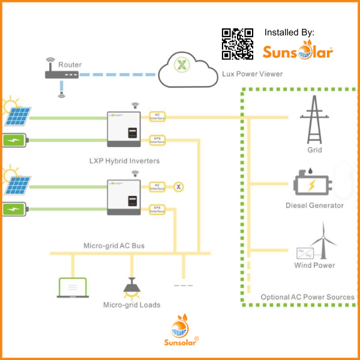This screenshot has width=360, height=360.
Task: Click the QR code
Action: click(x=238, y=44)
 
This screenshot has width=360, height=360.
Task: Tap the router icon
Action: click(x=62, y=74)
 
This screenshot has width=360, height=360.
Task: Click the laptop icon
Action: click(x=73, y=288)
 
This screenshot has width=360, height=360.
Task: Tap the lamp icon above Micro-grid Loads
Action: click(x=131, y=287)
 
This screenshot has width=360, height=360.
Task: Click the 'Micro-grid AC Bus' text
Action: click(x=114, y=246)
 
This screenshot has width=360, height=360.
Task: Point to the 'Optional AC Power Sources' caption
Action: click(x=307, y=297)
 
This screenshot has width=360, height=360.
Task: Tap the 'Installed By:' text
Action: click(x=289, y=32)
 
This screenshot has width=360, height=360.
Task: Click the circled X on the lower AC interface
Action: click(x=178, y=187)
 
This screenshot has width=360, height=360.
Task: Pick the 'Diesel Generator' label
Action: click(x=314, y=205)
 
